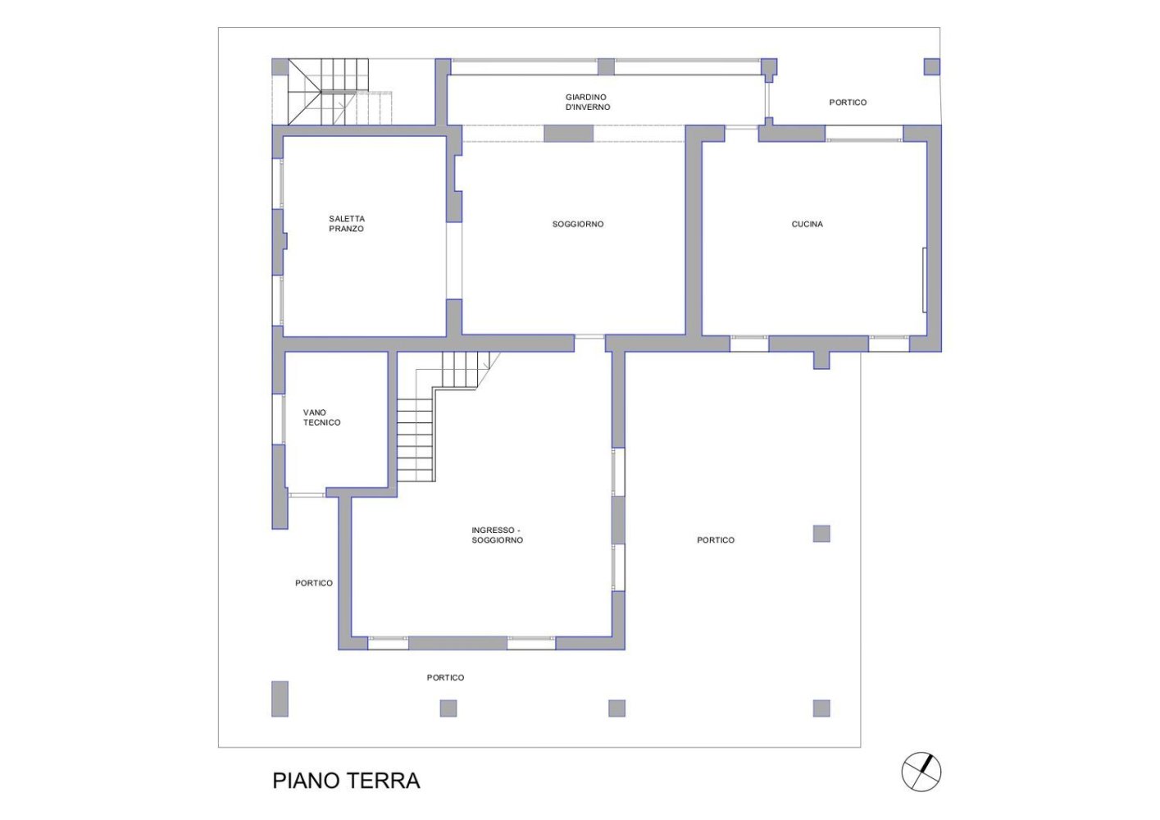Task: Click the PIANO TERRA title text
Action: pos(346,780)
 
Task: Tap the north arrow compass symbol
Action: pos(921,772)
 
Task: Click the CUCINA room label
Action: pos(807,225)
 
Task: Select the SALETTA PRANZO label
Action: pos(347,224)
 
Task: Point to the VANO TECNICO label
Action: pos(321,417)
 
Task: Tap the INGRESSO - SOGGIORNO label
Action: pos(497,535)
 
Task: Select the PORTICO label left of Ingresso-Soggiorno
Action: pos(313,583)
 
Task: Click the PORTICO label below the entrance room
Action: pos(445,677)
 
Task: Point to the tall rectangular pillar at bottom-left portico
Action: pos(280,699)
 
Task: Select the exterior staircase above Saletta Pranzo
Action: pos(331,92)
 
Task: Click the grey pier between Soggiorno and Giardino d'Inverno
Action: pos(568,134)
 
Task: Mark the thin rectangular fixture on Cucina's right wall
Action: pos(925,280)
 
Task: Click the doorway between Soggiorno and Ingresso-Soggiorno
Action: pos(589,337)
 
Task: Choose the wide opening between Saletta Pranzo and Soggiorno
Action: pos(454,261)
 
